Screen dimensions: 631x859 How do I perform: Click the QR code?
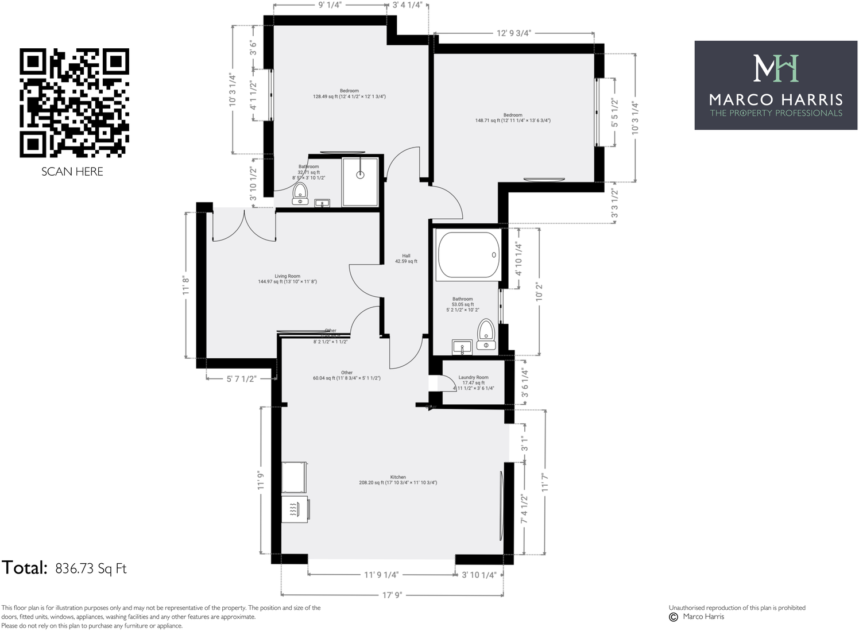pos(74,103)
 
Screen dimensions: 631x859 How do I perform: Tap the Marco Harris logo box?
pos(775,85)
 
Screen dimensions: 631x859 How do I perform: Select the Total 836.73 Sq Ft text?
pos(64,568)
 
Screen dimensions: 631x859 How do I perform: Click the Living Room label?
pos(287,279)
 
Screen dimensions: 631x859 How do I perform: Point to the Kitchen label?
pos(398,480)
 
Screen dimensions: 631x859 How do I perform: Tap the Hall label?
pos(406,258)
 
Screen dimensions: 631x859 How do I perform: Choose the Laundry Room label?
pos(474,382)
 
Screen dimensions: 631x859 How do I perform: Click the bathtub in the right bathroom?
pos(468,254)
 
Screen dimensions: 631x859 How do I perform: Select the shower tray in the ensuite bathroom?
pos(360,181)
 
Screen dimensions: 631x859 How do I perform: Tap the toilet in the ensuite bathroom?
pos(300,194)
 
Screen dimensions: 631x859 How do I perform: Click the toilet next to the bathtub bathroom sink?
pos(486,335)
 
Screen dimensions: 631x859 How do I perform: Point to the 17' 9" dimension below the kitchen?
pos(392,595)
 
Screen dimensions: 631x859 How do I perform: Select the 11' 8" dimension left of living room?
pos(186,285)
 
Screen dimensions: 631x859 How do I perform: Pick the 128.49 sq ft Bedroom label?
pos(349,94)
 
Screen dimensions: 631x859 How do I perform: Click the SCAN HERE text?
pos(72,172)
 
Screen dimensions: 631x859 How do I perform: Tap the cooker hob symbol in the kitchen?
pos(295,509)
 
